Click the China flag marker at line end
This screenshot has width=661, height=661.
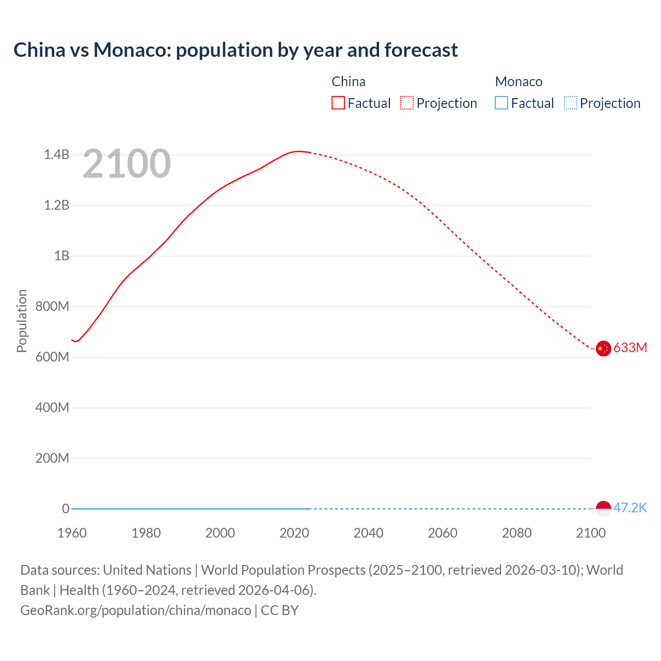(x=603, y=349)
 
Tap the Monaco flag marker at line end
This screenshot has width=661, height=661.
(x=603, y=509)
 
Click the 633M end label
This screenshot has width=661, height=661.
(x=630, y=348)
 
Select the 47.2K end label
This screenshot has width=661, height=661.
(x=630, y=508)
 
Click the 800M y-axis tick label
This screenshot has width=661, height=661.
(x=52, y=306)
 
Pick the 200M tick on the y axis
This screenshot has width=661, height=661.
(x=52, y=458)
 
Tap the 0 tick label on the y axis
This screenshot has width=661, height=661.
(x=66, y=509)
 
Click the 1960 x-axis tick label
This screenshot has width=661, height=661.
(x=72, y=533)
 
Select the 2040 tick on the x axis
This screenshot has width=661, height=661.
(x=368, y=533)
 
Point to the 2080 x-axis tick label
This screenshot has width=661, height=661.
(x=516, y=533)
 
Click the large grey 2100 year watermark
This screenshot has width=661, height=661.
(x=127, y=164)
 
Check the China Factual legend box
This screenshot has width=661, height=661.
(x=338, y=103)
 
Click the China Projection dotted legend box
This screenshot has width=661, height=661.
(x=407, y=103)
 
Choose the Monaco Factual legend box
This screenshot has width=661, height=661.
(x=501, y=103)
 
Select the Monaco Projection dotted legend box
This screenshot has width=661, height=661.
(x=570, y=103)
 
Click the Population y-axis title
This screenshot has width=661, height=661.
(x=22, y=321)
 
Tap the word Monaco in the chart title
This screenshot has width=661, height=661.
(x=132, y=50)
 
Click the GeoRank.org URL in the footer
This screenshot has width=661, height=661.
(x=135, y=610)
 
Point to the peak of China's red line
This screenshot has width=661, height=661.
(x=298, y=151)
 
